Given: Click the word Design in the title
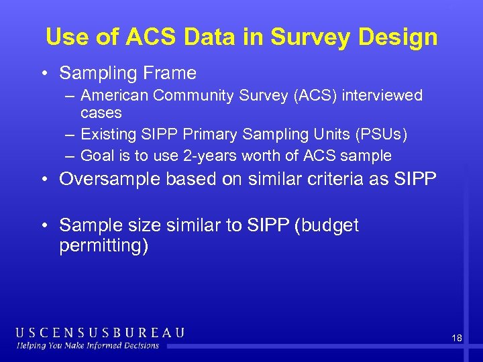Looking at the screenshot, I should pyautogui.click(x=397, y=38).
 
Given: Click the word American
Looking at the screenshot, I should pyautogui.click(x=114, y=96).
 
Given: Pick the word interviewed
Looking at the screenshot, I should pyautogui.click(x=382, y=96).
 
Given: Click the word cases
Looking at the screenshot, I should pyautogui.click(x=101, y=113).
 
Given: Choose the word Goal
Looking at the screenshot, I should pyautogui.click(x=96, y=156).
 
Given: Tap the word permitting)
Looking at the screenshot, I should pyautogui.click(x=104, y=246).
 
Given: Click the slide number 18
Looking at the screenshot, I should pyautogui.click(x=457, y=339).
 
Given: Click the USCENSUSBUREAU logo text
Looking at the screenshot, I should pyautogui.click(x=100, y=333).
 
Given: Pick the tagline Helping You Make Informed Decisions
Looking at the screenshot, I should pyautogui.click(x=88, y=346).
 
